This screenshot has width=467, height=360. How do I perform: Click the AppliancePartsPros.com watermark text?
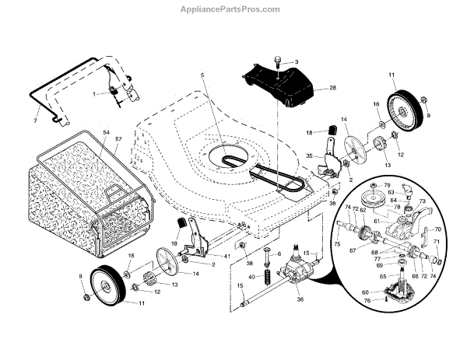tap(233, 9)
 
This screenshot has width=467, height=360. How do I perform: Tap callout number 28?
tap(332, 89)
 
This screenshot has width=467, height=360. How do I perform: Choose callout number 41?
tap(227, 256)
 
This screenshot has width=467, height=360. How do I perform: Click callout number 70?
tap(437, 229)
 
